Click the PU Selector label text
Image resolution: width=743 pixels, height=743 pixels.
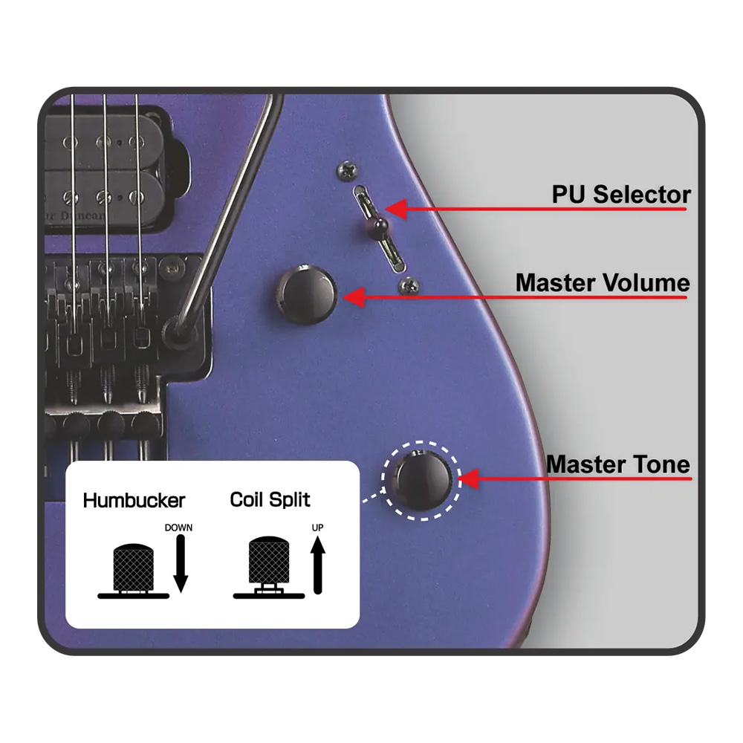(621, 194)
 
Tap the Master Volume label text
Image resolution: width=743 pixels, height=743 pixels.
(603, 283)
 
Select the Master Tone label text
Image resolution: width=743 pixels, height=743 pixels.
(618, 464)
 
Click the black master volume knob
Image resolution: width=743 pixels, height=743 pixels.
(306, 295)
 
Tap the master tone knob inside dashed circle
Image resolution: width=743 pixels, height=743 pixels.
(422, 479)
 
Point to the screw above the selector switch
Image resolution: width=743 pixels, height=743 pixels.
(347, 170)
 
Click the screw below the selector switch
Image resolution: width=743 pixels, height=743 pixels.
(409, 286)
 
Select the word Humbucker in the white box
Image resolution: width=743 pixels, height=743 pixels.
(134, 500)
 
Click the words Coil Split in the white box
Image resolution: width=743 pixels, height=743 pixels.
(270, 500)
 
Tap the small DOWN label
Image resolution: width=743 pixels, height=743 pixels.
(178, 528)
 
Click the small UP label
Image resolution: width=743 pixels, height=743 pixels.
(317, 528)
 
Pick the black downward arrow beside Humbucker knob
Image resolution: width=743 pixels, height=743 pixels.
(181, 563)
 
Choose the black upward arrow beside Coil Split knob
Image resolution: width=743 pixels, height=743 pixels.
(318, 565)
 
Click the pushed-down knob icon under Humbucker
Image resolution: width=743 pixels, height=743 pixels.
(134, 571)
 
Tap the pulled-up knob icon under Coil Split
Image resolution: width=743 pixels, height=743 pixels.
(269, 567)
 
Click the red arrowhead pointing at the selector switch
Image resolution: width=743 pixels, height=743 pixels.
(396, 209)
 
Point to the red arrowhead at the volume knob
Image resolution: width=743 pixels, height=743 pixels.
(354, 298)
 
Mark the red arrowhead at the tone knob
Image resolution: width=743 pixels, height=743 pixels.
(469, 478)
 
